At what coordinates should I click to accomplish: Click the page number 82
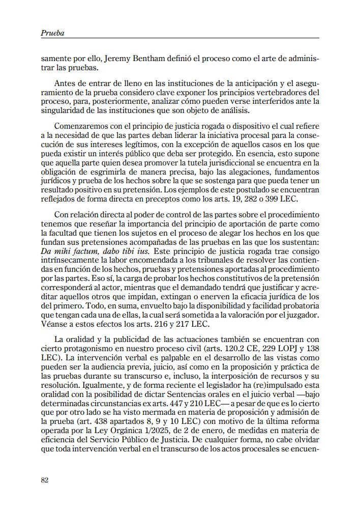(x=45, y=480)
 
